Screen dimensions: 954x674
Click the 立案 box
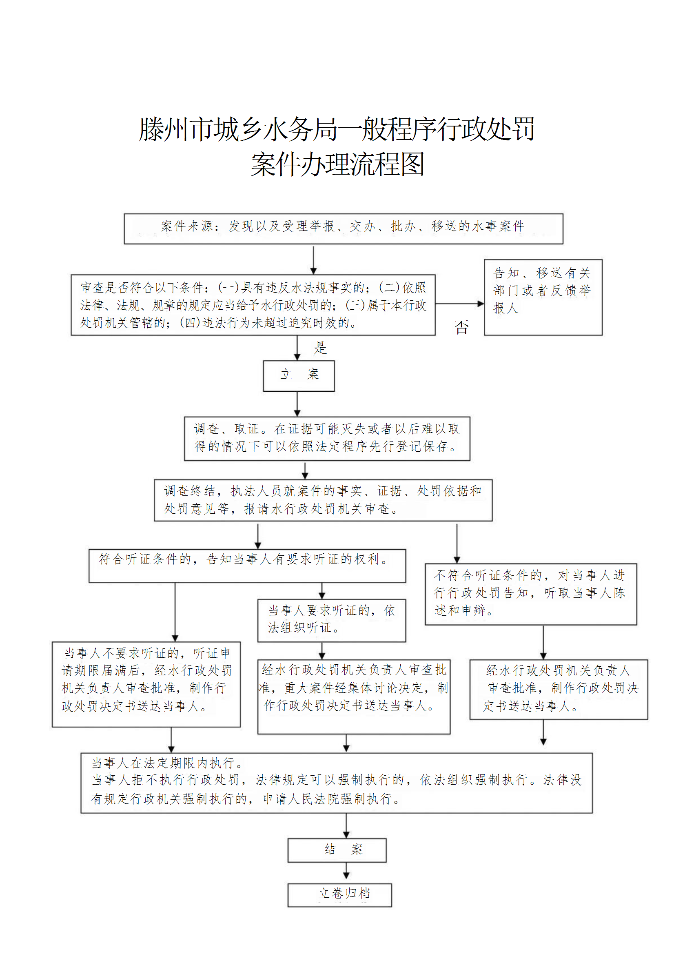(x=299, y=376)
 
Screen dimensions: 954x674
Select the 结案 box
(x=337, y=850)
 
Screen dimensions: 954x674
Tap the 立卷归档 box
(x=339, y=894)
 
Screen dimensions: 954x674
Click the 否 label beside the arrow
(x=461, y=327)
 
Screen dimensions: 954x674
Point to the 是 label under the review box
(x=320, y=348)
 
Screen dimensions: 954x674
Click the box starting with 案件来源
(x=343, y=229)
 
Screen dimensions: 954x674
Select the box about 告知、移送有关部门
(x=543, y=297)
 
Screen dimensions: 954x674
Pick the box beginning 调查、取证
(x=327, y=438)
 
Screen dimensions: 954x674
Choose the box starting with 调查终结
(x=323, y=500)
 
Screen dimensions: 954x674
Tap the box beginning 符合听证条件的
(x=247, y=566)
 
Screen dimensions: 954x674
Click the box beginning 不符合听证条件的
(x=531, y=594)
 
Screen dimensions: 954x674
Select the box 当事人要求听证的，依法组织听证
(x=331, y=620)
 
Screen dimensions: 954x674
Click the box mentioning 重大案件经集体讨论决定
(x=354, y=697)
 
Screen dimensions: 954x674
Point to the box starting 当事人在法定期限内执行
(x=336, y=783)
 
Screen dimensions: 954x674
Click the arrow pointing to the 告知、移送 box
(x=459, y=304)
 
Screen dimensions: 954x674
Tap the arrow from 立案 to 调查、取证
(x=297, y=404)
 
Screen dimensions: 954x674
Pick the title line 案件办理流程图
(x=337, y=164)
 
